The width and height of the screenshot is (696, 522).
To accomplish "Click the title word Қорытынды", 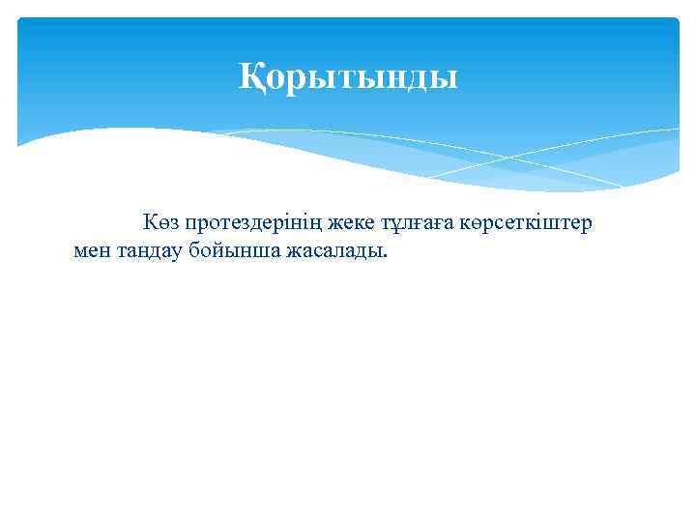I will tap(349, 76).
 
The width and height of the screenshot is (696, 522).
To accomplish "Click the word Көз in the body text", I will tap(162, 223).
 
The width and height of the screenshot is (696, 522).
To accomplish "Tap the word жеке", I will tap(352, 223).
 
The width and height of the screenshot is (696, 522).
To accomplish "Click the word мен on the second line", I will tap(94, 252).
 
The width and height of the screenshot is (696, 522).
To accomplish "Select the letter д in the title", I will tap(421, 78).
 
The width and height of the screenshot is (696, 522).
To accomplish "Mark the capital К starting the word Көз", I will tap(152, 223).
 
